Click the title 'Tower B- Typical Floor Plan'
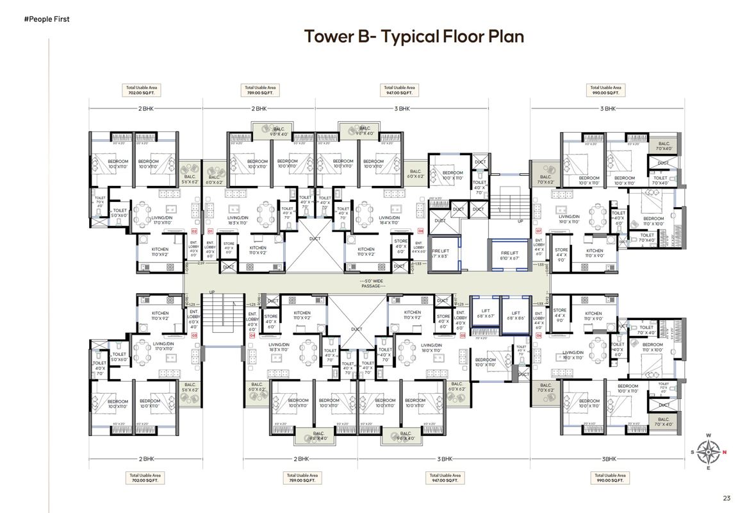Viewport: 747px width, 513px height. point(414,37)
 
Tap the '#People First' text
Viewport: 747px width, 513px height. point(46,19)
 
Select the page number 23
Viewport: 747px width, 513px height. point(726,498)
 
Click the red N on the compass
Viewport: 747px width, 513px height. point(725,453)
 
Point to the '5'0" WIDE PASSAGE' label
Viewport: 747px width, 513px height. point(372,283)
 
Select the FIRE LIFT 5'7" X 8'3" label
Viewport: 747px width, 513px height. point(439,253)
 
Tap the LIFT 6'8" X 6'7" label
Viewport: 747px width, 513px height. point(486,314)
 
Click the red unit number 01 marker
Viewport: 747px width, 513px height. point(210,230)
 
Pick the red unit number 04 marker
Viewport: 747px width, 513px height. point(252,335)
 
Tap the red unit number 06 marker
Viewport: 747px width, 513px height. point(539,335)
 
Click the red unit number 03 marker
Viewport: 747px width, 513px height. point(193,335)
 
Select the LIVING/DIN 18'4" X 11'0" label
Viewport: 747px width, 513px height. point(389,220)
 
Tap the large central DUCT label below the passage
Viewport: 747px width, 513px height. point(357,330)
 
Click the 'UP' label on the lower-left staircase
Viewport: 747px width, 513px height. point(212,293)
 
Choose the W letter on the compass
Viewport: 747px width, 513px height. point(709,436)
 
